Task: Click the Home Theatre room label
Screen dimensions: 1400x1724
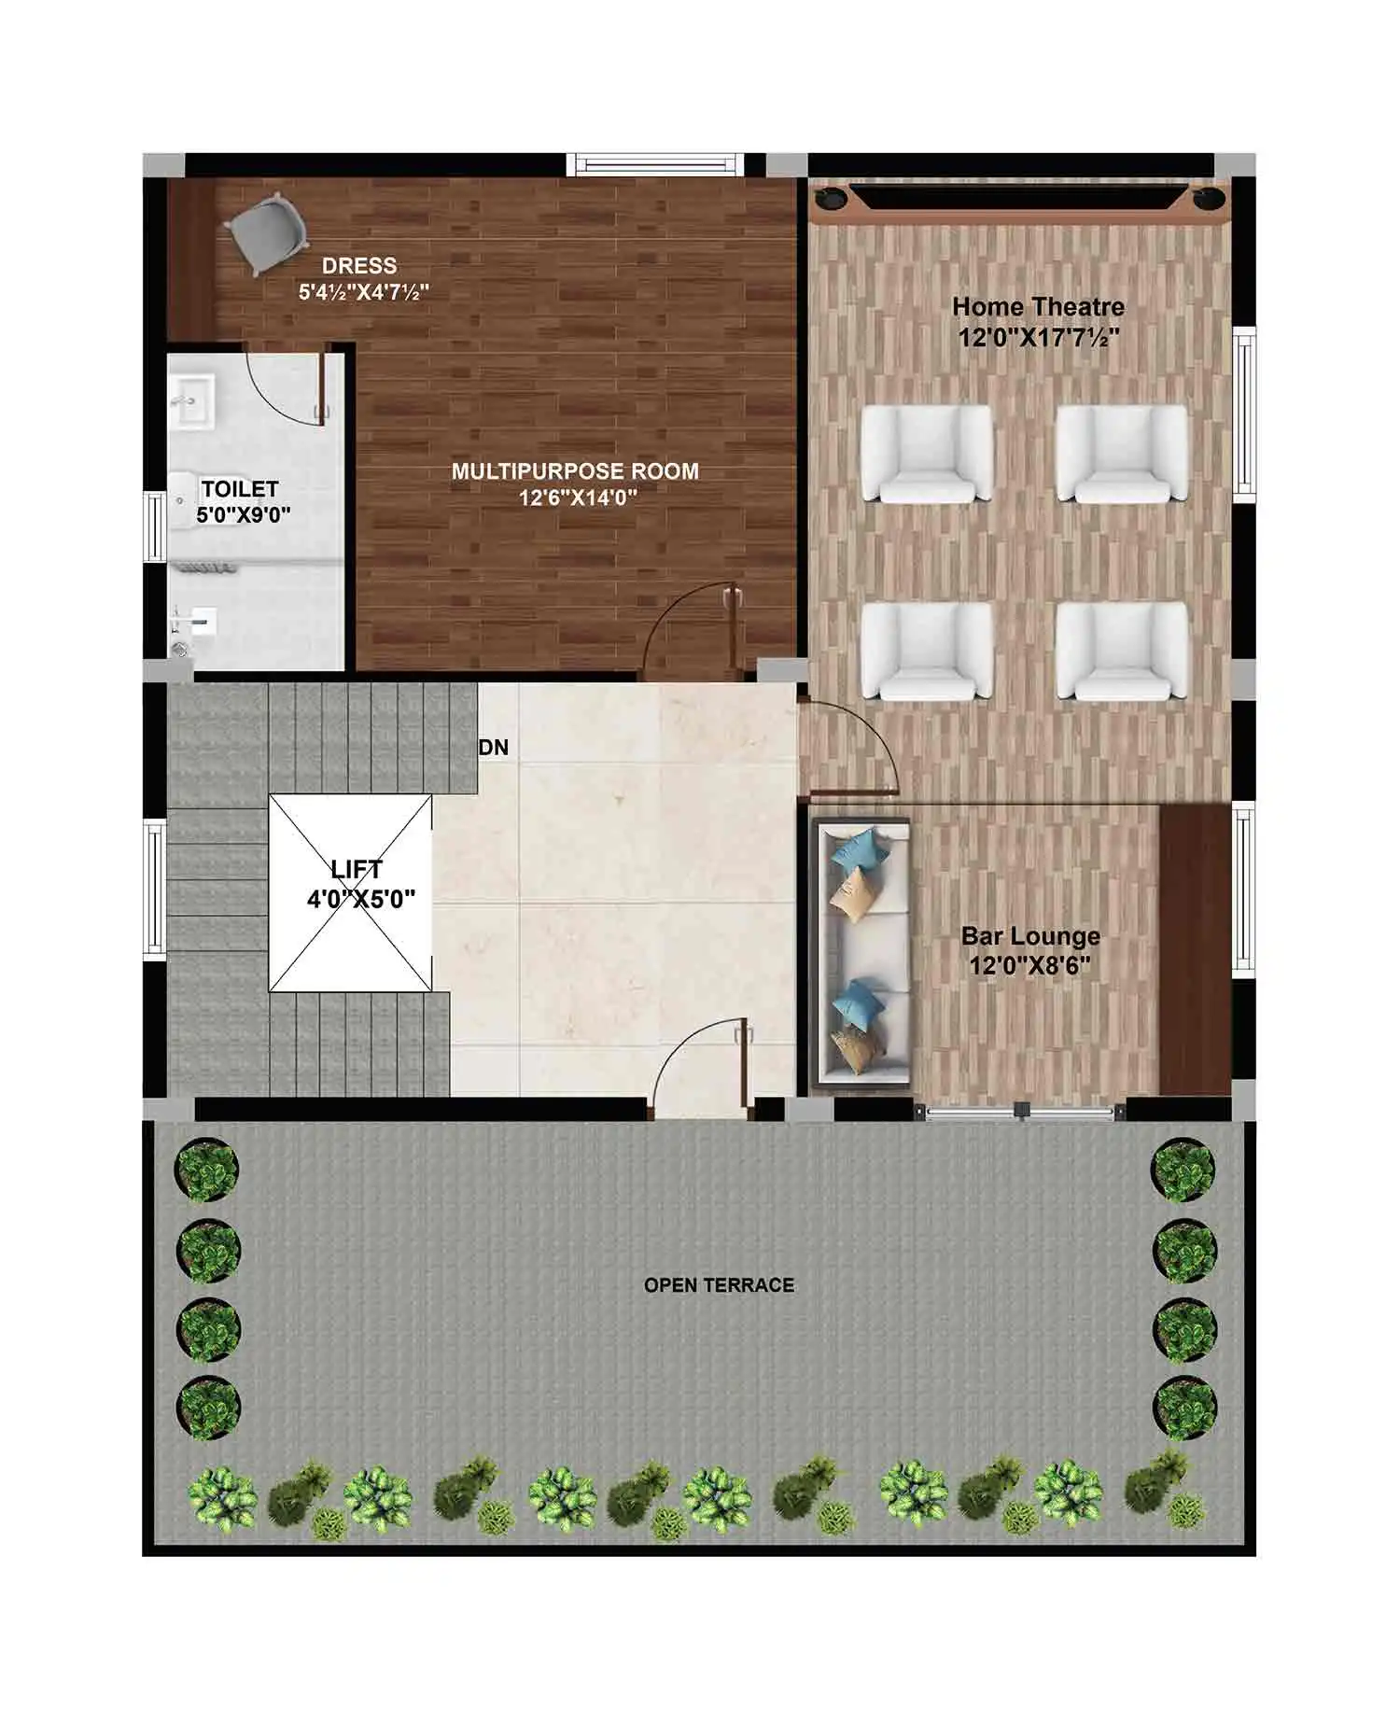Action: [x=1038, y=306]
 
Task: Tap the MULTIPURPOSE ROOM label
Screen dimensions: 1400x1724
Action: [x=575, y=471]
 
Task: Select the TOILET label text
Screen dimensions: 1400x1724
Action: [x=240, y=489]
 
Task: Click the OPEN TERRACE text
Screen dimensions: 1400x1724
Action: [x=720, y=1285]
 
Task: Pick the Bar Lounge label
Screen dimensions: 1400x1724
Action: [x=1030, y=935]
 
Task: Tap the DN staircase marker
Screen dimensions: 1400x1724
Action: [x=494, y=748]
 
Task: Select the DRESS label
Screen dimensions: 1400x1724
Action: [x=359, y=266]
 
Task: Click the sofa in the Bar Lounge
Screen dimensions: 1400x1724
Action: [x=862, y=952]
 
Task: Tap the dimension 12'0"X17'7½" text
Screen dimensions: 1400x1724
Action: [x=1039, y=337]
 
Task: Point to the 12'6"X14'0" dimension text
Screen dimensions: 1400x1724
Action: [x=578, y=498]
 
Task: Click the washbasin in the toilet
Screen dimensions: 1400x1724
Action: [x=193, y=401]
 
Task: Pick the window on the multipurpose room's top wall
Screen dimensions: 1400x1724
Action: [x=654, y=164]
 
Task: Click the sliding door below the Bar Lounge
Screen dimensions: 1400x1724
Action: [x=1021, y=1111]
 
